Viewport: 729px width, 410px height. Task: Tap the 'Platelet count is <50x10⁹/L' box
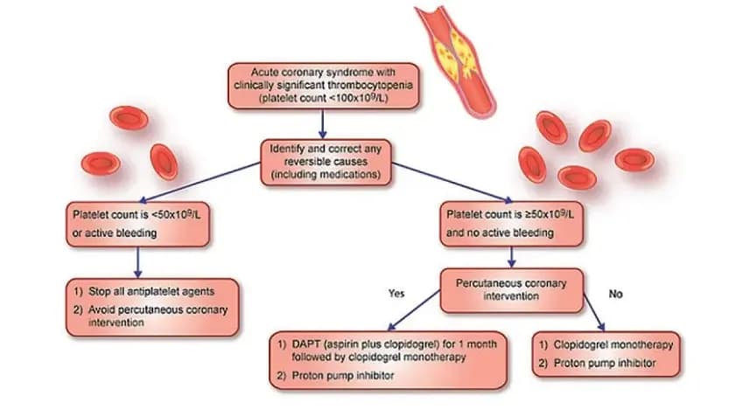137,224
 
